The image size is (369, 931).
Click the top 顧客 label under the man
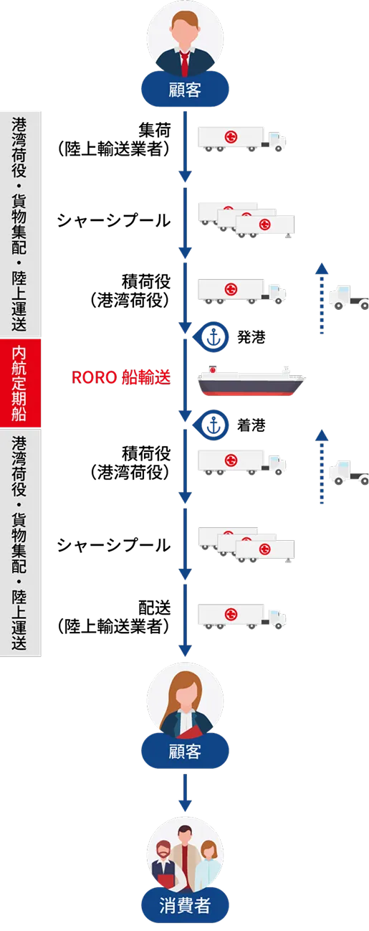point(185,90)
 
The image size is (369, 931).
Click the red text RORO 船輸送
point(120,377)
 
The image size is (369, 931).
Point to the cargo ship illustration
point(253,382)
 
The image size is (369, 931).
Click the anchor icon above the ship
point(212,336)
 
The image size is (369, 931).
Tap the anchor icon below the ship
point(212,425)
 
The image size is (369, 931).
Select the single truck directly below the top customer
point(241,138)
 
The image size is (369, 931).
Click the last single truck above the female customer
point(241,615)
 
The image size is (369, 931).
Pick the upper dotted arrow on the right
point(322,299)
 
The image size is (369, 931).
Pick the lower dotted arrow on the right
point(322,466)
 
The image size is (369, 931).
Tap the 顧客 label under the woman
point(185,751)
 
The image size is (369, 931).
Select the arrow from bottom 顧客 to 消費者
point(185,793)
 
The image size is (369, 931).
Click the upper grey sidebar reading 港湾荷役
point(21,222)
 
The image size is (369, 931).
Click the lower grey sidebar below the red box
point(21,543)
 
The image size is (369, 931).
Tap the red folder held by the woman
point(189,731)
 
